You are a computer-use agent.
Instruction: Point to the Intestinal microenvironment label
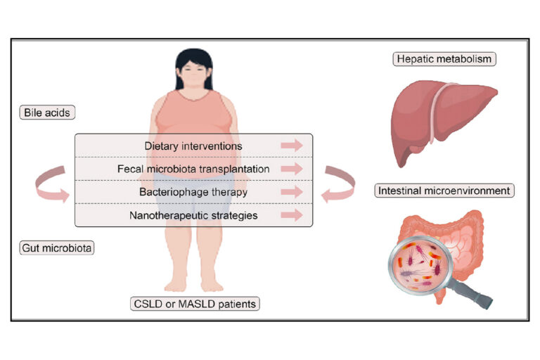[444, 191]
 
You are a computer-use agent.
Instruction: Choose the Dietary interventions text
[193, 146]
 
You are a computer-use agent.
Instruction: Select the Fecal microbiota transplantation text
[193, 169]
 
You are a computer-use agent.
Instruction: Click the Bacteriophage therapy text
[193, 191]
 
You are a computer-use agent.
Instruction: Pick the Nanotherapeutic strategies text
[193, 214]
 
